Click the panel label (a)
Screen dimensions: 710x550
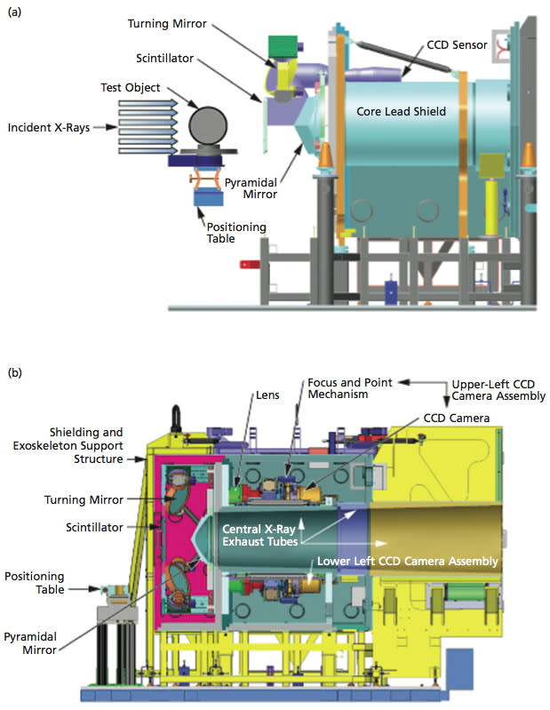15,15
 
